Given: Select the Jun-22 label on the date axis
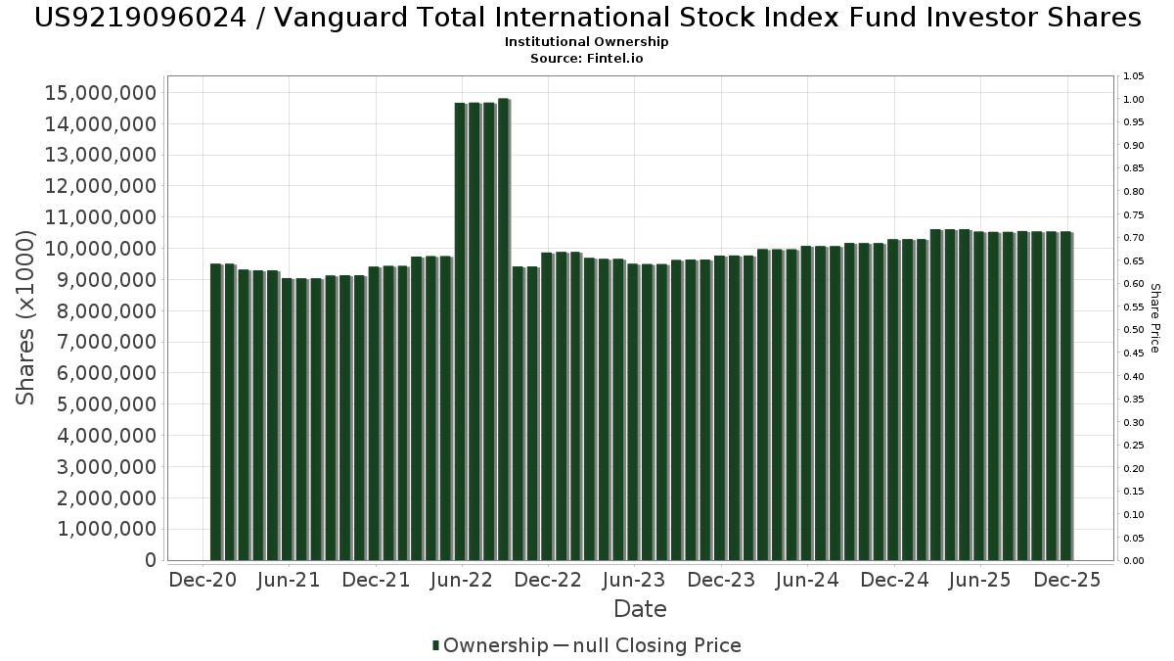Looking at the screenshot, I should click(x=461, y=580).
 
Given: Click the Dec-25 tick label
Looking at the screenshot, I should click(x=1067, y=580).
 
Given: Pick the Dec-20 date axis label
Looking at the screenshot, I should click(x=203, y=580).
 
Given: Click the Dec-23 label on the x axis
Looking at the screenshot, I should click(x=721, y=580).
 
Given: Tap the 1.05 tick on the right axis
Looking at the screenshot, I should click(x=1134, y=76).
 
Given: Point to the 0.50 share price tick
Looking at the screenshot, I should click(x=1134, y=330).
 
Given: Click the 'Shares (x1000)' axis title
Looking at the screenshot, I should click(x=26, y=318).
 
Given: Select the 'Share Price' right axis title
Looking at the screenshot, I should click(x=1154, y=318).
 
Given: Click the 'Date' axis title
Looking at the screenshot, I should click(x=640, y=609).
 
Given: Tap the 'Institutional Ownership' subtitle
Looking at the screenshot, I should click(x=587, y=42).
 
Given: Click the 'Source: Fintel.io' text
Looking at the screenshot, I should click(x=587, y=59).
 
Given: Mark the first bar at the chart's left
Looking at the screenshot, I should click(x=216, y=411).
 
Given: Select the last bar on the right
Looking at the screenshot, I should click(x=1065, y=396).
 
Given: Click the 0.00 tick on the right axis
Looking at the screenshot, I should click(x=1134, y=561).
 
